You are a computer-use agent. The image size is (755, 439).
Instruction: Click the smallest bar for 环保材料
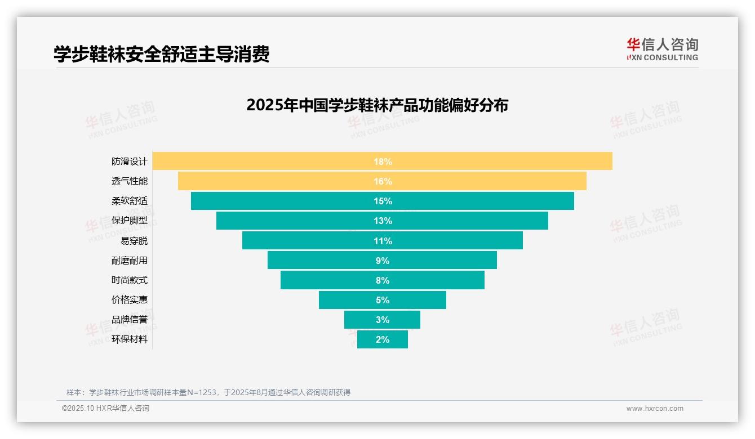coord(397,339)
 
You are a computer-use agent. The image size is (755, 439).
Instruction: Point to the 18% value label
coord(383,162)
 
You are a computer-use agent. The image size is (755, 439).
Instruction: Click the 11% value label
coord(383,241)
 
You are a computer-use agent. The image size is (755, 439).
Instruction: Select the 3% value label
coord(383,320)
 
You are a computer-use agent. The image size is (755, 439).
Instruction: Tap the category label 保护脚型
coord(130,221)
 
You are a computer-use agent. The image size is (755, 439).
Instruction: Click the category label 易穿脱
coord(134,241)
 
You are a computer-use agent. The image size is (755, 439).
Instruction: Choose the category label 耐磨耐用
coord(130,261)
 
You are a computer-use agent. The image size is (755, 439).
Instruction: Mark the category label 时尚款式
coord(130,280)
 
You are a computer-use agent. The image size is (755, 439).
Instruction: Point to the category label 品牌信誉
coord(130,320)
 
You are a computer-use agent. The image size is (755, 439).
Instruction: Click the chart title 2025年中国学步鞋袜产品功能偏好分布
coord(377,105)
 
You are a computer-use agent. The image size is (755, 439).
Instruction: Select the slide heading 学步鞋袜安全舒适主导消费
coord(162,54)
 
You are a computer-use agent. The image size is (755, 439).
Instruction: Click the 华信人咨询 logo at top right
coord(662,49)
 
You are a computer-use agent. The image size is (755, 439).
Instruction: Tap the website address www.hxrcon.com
coord(655,409)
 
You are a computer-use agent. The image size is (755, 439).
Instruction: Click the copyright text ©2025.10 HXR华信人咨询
coord(105,409)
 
